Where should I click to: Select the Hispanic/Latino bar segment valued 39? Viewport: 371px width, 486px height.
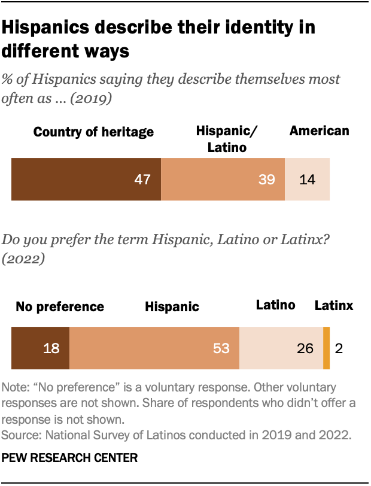point(223,179)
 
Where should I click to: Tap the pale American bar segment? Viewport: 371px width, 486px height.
point(307,179)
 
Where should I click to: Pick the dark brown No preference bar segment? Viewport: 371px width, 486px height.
point(40,348)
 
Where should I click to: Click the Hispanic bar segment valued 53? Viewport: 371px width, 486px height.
point(154,348)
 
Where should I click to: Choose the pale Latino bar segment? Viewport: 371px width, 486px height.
point(281,348)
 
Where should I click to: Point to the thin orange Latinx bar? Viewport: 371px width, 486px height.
point(326,348)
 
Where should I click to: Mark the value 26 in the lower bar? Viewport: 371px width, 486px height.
point(305,348)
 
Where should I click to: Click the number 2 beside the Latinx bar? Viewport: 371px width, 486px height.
point(339,348)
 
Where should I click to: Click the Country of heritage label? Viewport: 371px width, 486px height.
point(94,132)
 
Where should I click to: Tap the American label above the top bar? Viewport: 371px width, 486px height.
point(319,131)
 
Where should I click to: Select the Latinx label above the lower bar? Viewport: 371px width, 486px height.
point(334,306)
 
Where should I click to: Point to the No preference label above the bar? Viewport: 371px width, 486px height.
point(60,307)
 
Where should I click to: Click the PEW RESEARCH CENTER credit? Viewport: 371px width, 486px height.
point(70,458)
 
